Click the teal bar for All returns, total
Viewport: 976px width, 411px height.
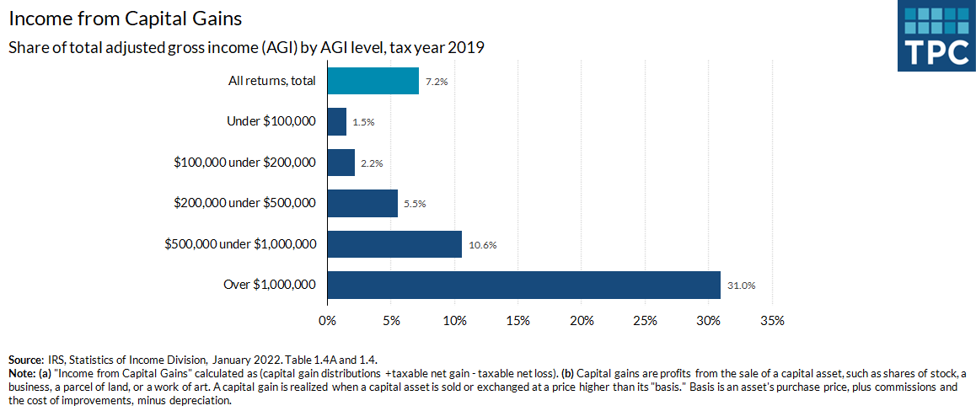click(x=373, y=81)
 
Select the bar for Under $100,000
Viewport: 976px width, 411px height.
click(x=337, y=121)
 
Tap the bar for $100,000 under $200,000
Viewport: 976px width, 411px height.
click(x=341, y=163)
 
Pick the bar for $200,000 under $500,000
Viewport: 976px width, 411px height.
click(x=362, y=203)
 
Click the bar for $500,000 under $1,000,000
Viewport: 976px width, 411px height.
click(x=394, y=244)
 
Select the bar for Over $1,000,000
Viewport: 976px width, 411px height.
click(x=523, y=285)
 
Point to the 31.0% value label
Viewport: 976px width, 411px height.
click(x=742, y=286)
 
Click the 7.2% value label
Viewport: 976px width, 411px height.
click(x=437, y=82)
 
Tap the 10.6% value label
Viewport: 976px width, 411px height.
click(x=483, y=245)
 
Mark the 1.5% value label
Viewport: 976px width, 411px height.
click(x=363, y=122)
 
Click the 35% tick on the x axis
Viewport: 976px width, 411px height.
click(x=772, y=321)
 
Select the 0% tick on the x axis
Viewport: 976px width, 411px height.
click(x=327, y=321)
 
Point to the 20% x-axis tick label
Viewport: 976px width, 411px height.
click(x=582, y=321)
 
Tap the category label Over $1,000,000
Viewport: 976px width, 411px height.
click(x=270, y=285)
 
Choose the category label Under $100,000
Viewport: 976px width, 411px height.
click(x=271, y=121)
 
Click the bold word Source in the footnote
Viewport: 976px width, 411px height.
click(x=25, y=360)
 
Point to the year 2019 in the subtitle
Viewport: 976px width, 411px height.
click(x=466, y=47)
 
